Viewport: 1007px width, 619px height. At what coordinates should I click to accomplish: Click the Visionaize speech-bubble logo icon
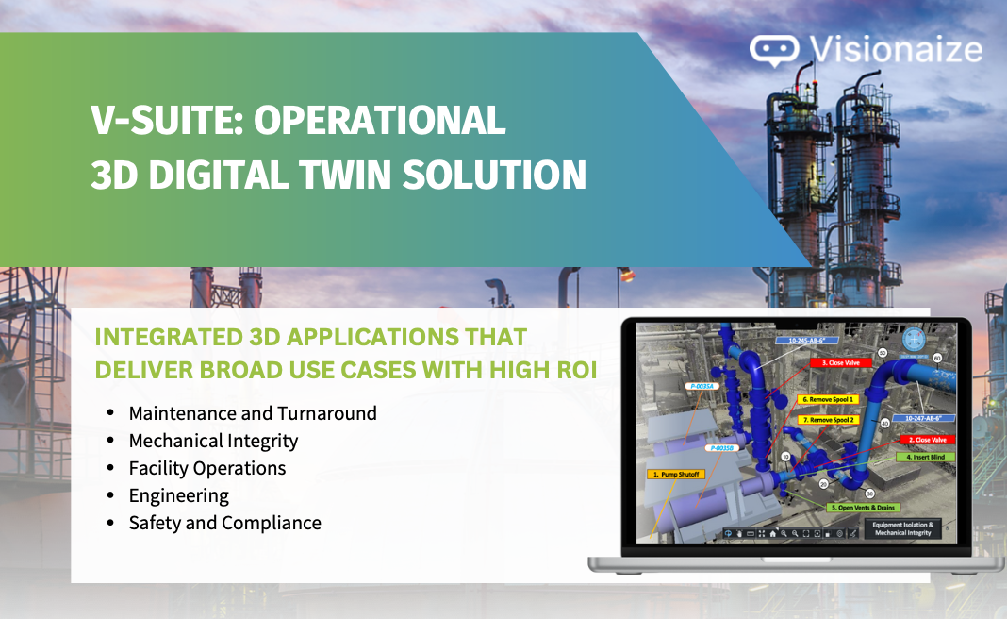pyautogui.click(x=774, y=51)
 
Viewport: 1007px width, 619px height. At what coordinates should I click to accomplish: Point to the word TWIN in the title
pyautogui.click(x=351, y=176)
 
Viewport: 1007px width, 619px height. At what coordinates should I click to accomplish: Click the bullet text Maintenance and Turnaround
pyautogui.click(x=253, y=413)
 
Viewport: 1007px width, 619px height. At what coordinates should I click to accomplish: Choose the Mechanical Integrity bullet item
pyautogui.click(x=213, y=441)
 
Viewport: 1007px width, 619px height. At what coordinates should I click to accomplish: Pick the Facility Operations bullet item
pyautogui.click(x=207, y=468)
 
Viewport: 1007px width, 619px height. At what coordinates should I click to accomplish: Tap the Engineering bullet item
pyautogui.click(x=179, y=495)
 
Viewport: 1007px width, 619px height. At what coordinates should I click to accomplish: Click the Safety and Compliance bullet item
pyautogui.click(x=224, y=523)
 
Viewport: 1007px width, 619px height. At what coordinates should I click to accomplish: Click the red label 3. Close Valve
pyautogui.click(x=840, y=362)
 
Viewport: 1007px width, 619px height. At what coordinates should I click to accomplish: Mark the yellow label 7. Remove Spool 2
pyautogui.click(x=827, y=419)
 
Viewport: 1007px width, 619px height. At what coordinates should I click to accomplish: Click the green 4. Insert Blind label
pyautogui.click(x=928, y=457)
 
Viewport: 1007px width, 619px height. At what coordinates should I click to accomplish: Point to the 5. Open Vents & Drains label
pyautogui.click(x=861, y=507)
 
